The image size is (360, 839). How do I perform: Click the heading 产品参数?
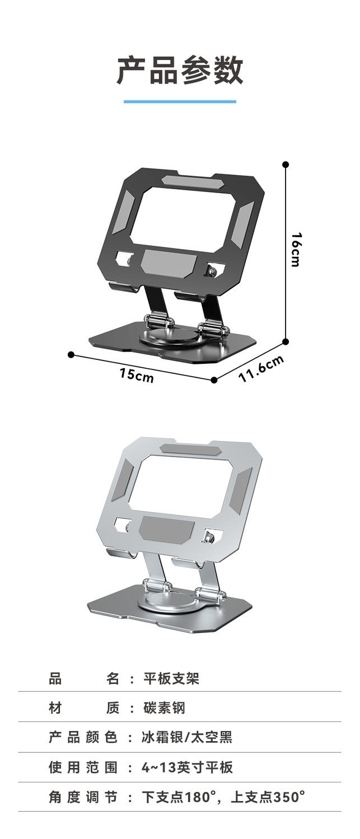[180, 70]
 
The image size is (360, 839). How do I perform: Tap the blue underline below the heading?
[180, 101]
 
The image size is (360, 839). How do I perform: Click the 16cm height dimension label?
[296, 250]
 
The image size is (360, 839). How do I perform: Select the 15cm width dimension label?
[137, 375]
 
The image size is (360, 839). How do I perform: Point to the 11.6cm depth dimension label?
[261, 368]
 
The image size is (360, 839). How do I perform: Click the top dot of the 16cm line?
[286, 165]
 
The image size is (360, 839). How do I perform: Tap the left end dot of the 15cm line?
[71, 354]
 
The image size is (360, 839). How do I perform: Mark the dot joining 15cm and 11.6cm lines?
[214, 380]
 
